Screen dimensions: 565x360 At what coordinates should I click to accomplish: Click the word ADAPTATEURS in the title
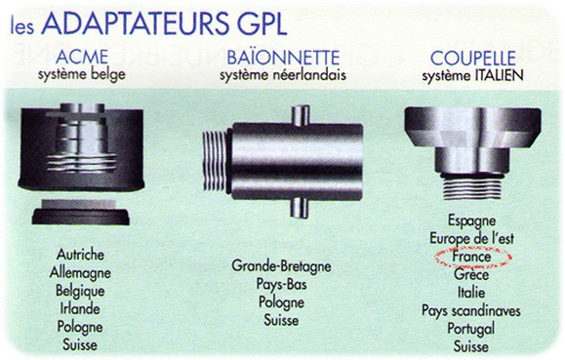135,23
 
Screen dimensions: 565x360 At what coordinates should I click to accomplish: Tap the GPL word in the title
262,23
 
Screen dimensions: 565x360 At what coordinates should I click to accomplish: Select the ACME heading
82,57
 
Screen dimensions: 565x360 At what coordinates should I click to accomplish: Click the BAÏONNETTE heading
283,58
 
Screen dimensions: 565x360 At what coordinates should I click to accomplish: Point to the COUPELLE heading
473,58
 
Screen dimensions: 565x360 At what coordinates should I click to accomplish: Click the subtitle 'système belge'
82,74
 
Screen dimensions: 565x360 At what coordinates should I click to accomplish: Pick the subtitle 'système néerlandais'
283,75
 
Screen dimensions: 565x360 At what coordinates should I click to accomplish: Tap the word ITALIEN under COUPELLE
499,76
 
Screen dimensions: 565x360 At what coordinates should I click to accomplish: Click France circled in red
471,257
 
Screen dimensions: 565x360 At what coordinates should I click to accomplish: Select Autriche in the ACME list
80,255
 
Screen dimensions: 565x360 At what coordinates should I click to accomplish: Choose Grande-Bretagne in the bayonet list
281,266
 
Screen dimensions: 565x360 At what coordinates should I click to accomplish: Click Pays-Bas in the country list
281,284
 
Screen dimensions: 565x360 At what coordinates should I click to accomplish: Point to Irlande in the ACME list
80,308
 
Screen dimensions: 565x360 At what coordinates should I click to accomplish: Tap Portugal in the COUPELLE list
471,329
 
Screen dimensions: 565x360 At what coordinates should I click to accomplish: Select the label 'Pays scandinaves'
471,310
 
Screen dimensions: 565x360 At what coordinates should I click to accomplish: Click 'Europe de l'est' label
471,239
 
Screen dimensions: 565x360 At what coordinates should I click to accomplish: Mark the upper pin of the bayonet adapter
301,115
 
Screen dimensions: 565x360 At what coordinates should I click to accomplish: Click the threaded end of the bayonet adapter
216,160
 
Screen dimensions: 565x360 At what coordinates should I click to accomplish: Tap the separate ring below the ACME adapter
80,213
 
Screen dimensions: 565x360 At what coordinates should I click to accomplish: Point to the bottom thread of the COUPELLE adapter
472,187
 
